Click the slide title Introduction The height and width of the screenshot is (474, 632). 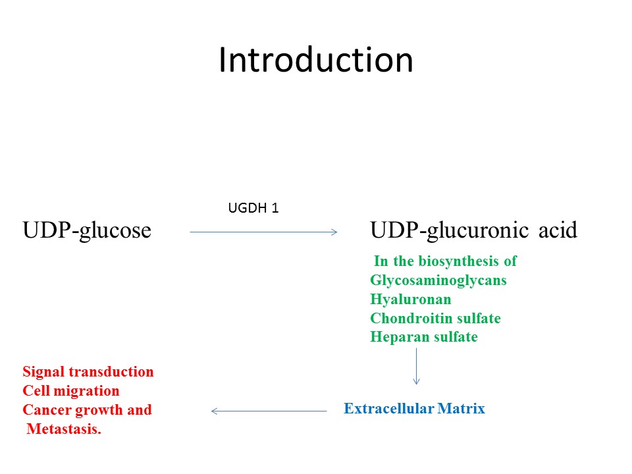(315, 61)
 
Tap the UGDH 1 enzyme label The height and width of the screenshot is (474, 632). (253, 208)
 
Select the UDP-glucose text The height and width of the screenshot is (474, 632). (87, 230)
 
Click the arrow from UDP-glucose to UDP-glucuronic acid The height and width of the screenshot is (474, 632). (263, 232)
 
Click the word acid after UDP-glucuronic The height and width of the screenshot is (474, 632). (558, 230)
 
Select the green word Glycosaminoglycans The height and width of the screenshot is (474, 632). (438, 280)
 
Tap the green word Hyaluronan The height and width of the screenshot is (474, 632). (411, 299)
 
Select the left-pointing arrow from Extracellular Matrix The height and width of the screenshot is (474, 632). (269, 411)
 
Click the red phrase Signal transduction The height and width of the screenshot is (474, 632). (88, 372)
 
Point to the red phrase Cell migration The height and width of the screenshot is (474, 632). (71, 391)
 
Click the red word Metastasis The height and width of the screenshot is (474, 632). (64, 430)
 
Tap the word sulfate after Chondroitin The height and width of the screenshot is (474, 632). (477, 318)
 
